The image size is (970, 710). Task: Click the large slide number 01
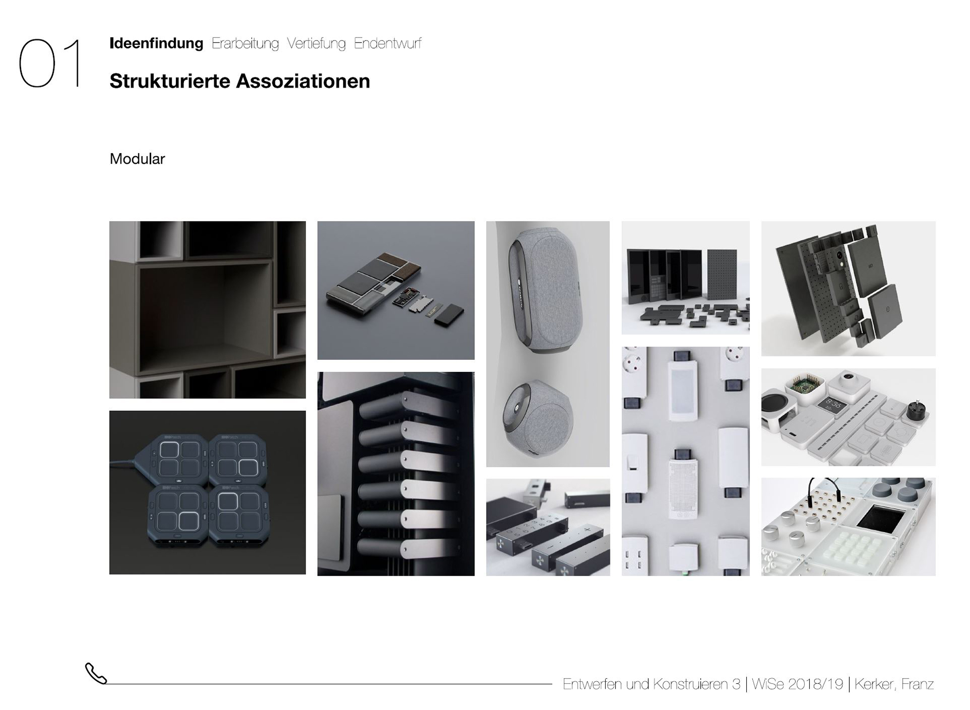pos(50,63)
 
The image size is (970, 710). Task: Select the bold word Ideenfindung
pos(156,43)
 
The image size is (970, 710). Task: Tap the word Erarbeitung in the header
pos(245,43)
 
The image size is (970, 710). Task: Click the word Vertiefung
pos(316,43)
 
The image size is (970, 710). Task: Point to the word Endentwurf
pos(387,43)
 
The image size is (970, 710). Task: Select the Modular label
pos(137,159)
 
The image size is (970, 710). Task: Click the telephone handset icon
pos(96,673)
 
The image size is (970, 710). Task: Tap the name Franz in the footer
pos(917,684)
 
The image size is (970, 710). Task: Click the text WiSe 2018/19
pos(797,684)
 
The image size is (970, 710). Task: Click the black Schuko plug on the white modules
pos(916,411)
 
